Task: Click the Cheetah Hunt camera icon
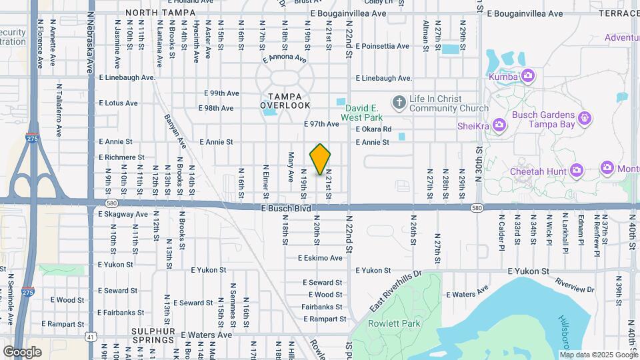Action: [577, 171]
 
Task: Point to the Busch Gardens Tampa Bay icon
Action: [585, 119]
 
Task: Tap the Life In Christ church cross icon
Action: [399, 102]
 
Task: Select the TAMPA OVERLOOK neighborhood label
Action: [285, 101]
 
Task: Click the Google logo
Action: [22, 351]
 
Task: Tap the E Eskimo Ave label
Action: [320, 257]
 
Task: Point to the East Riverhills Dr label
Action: [396, 292]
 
